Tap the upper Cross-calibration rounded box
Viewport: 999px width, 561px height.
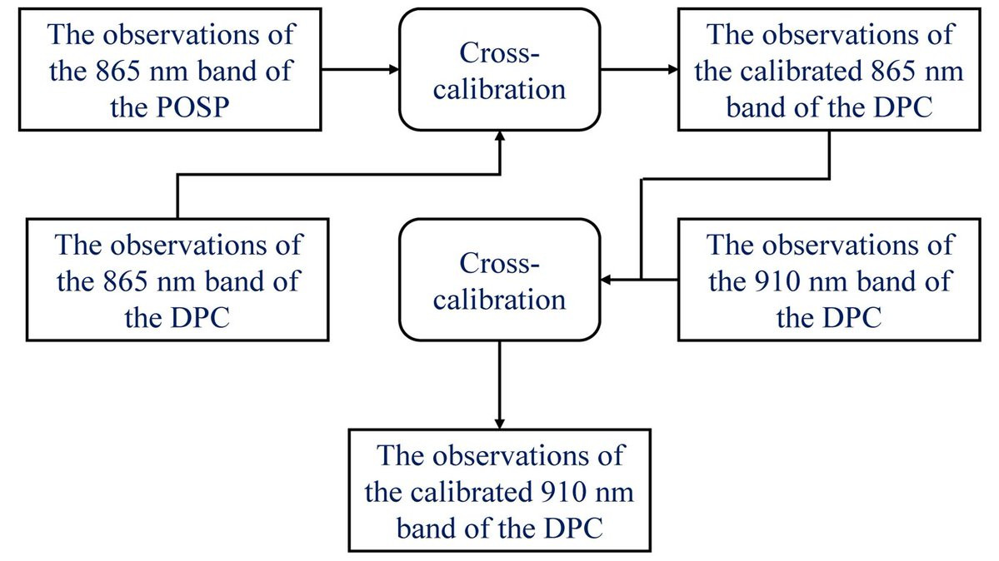(499, 70)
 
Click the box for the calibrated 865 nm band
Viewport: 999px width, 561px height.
(828, 70)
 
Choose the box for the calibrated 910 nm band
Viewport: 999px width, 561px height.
(499, 491)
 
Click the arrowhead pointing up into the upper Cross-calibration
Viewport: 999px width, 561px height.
(499, 137)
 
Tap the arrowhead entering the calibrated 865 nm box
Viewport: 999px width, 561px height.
(671, 70)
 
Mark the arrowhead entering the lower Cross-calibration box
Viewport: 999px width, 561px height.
(607, 281)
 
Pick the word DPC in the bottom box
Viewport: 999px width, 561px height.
(572, 528)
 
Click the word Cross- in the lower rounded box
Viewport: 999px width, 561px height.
(499, 264)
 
